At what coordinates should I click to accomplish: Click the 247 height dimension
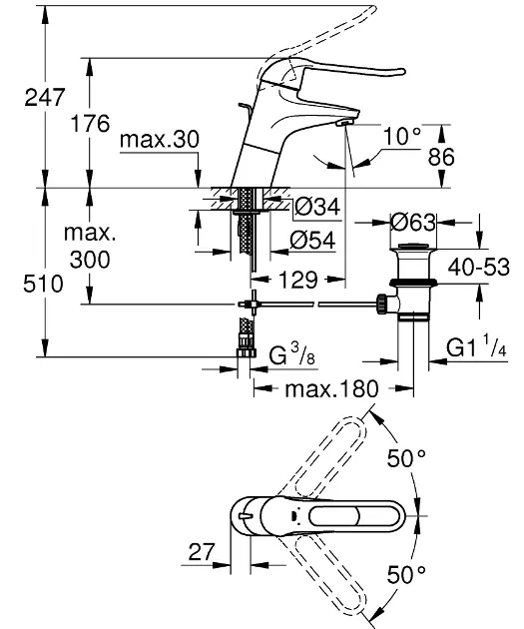click(x=45, y=98)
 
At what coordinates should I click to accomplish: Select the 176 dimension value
click(x=90, y=123)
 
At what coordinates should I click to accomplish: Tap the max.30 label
click(x=159, y=139)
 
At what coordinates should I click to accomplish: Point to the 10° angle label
click(x=402, y=136)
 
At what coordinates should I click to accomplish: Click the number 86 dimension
click(x=441, y=157)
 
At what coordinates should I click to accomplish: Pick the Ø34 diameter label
click(x=317, y=207)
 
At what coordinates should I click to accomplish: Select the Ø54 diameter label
click(x=312, y=241)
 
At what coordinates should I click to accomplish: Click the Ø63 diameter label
click(x=413, y=223)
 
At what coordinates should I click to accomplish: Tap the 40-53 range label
click(x=479, y=267)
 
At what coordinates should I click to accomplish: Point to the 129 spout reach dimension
click(x=298, y=280)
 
